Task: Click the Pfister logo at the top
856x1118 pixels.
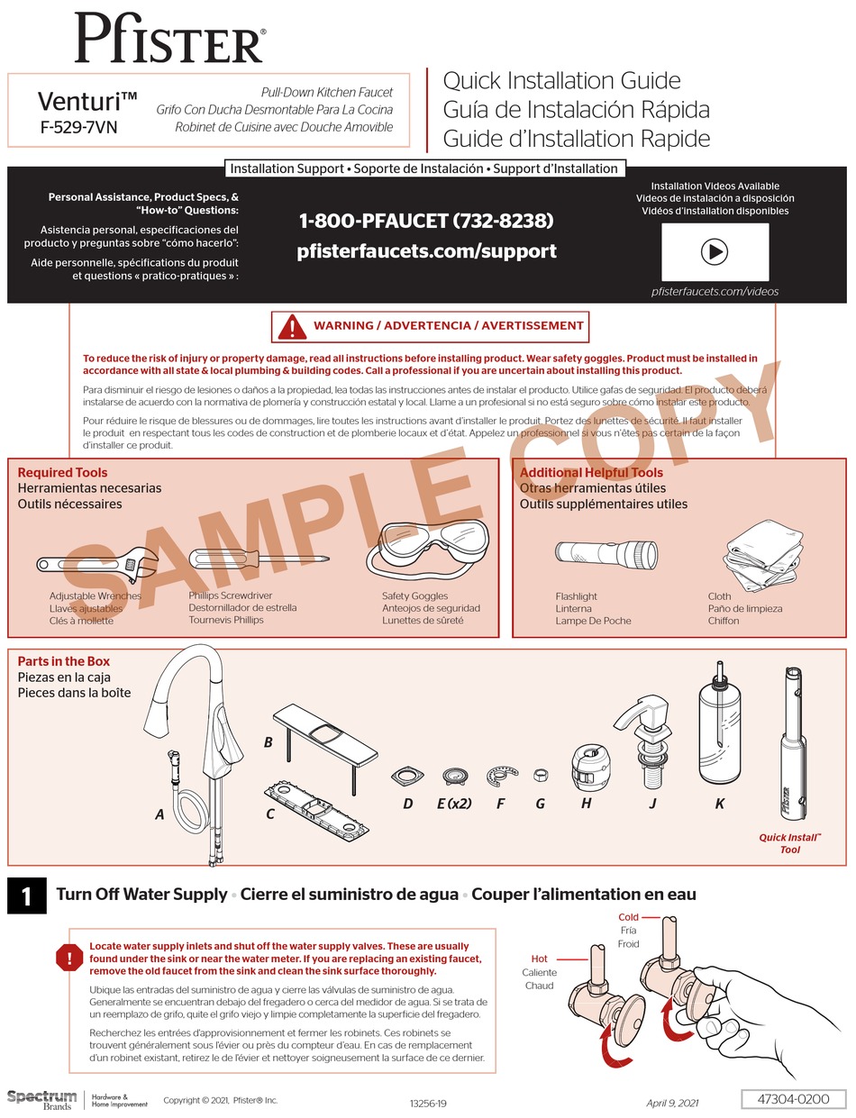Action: [169, 39]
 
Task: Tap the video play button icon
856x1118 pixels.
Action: [715, 251]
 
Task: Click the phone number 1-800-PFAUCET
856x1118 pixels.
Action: [426, 221]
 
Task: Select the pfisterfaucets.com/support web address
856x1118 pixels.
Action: [426, 251]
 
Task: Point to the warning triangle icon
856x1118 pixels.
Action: [292, 326]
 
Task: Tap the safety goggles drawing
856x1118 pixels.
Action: [435, 548]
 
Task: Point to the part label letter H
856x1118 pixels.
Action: [586, 804]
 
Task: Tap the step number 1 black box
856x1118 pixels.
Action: [26, 896]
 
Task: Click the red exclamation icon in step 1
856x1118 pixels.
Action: [68, 958]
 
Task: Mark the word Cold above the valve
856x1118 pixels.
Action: [628, 918]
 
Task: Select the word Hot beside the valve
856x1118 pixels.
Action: [539, 959]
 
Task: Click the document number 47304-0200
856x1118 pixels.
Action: [792, 1100]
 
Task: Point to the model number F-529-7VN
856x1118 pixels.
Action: [78, 127]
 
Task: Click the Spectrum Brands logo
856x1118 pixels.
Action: [42, 1099]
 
